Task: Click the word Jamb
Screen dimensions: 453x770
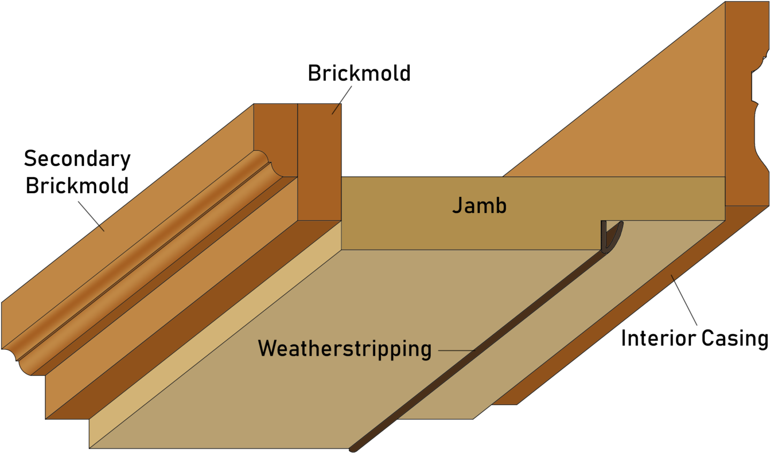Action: coord(479,206)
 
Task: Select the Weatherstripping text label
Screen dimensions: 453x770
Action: coord(345,349)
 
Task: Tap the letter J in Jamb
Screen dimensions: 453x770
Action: coord(457,205)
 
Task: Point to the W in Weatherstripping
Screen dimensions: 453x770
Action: coord(267,348)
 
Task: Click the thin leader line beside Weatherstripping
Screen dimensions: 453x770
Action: coord(455,351)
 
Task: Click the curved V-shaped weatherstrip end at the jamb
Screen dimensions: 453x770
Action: coord(611,237)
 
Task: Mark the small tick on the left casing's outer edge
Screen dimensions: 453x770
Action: coord(101,228)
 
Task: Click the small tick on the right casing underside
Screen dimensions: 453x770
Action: coord(673,277)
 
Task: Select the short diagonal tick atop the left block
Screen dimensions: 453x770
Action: coord(336,109)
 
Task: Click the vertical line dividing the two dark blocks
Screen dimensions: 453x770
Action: coord(298,160)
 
